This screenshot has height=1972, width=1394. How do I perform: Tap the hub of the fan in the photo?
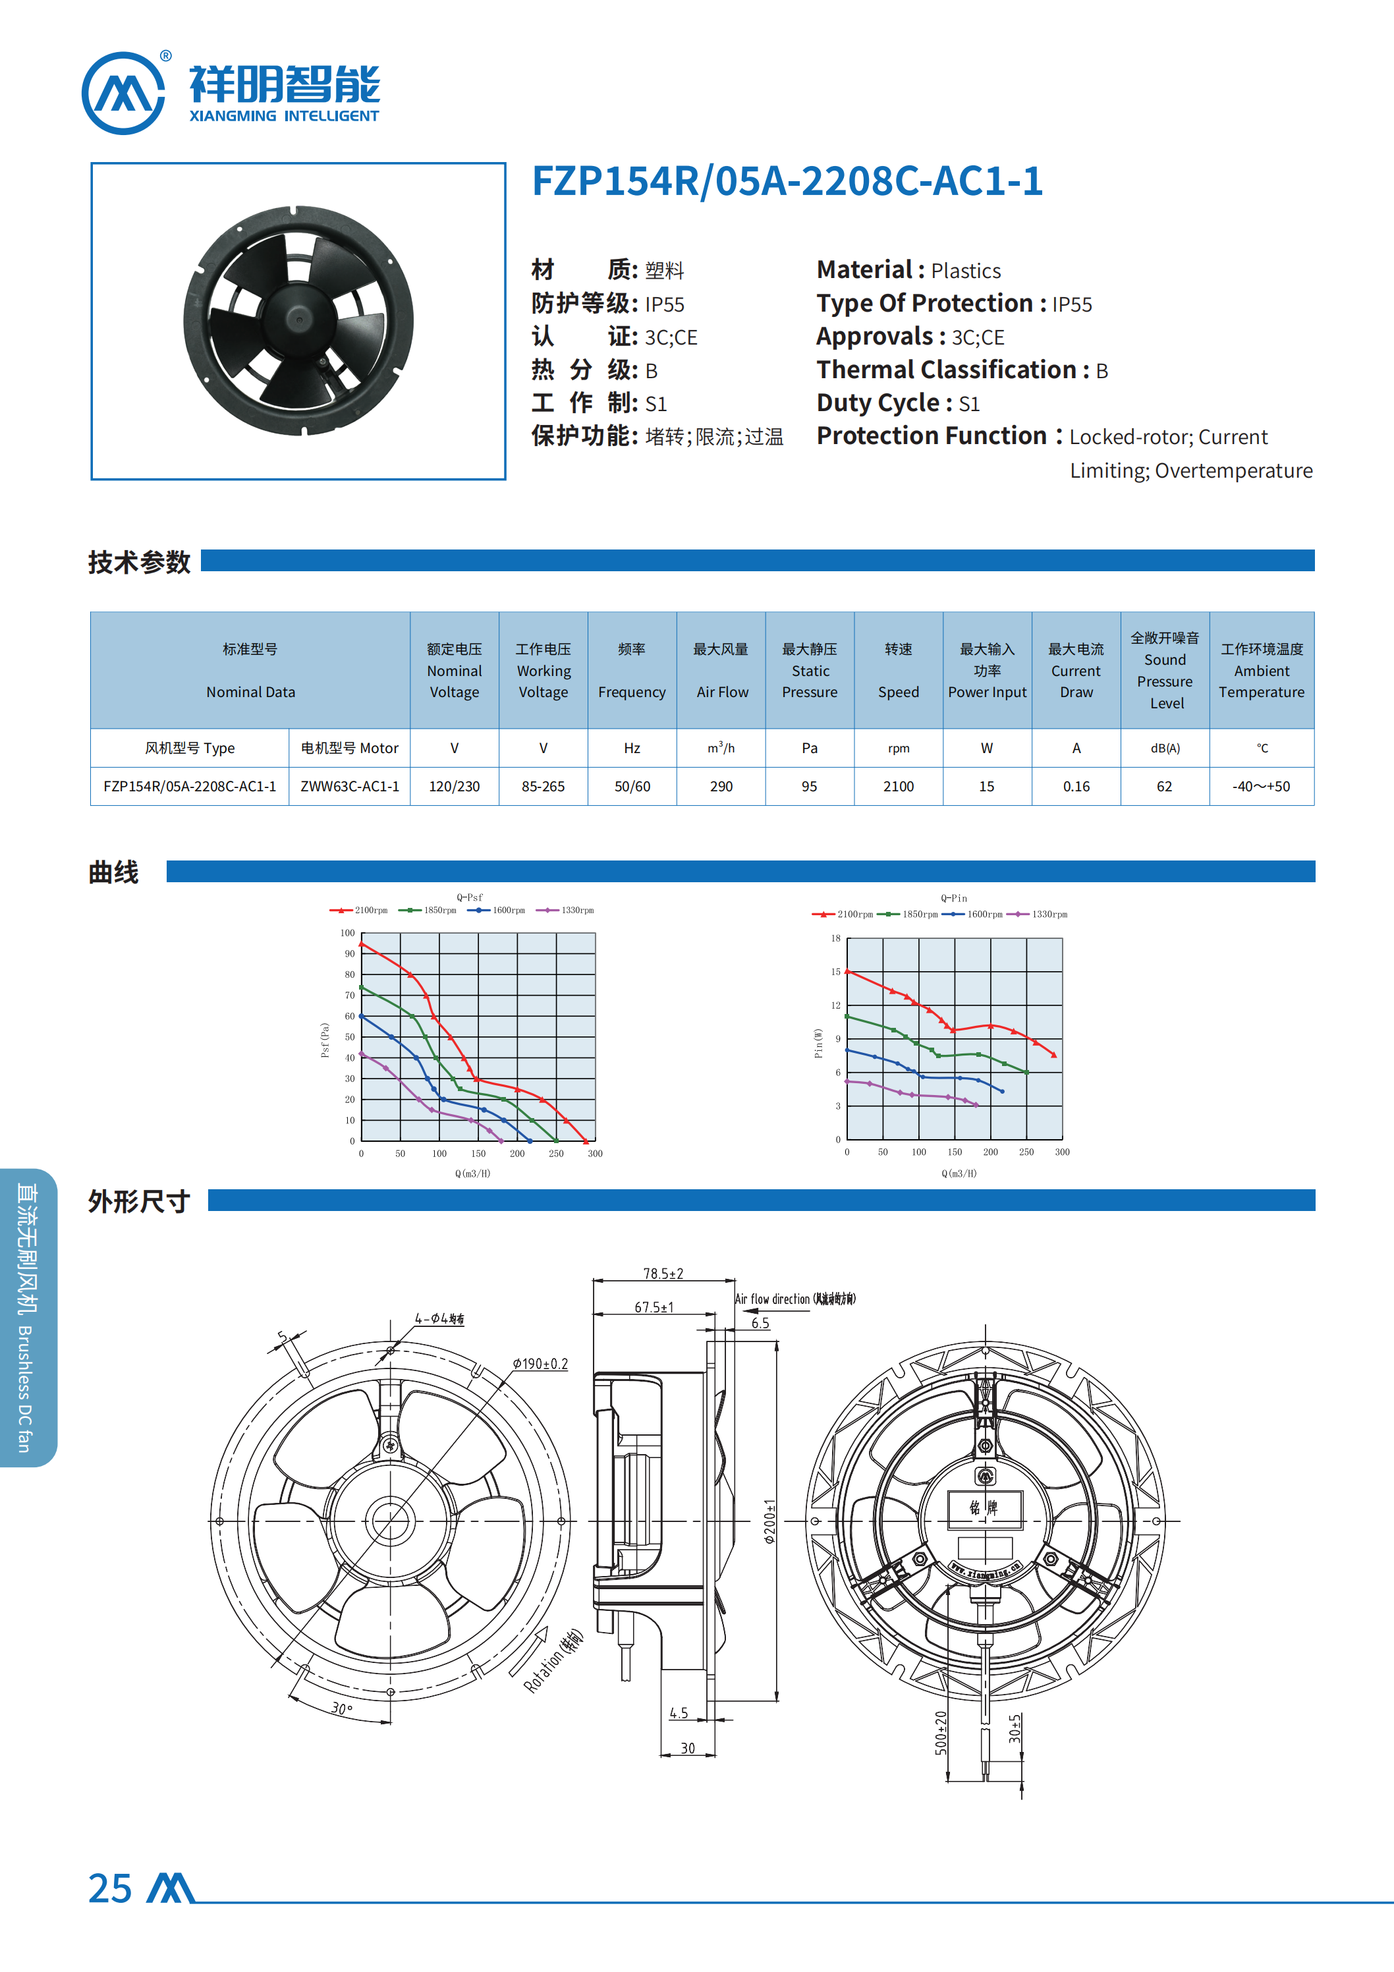(x=299, y=320)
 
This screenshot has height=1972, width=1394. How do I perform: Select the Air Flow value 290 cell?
(x=721, y=786)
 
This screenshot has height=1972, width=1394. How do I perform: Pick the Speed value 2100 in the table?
(x=899, y=786)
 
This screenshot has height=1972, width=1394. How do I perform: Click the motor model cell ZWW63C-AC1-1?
(x=350, y=786)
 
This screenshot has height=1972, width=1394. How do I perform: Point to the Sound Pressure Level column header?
(x=1165, y=670)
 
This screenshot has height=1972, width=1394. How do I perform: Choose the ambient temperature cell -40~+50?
(x=1261, y=786)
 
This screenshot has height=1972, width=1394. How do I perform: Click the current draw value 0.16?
(x=1076, y=786)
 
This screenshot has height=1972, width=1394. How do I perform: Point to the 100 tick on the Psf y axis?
(x=347, y=933)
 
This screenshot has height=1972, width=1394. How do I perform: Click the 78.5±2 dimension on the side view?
(x=663, y=1274)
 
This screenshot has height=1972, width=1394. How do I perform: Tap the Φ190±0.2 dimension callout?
(x=540, y=1364)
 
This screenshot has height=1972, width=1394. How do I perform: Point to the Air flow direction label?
(x=795, y=1299)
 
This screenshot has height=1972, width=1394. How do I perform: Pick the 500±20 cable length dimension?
(x=941, y=1732)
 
